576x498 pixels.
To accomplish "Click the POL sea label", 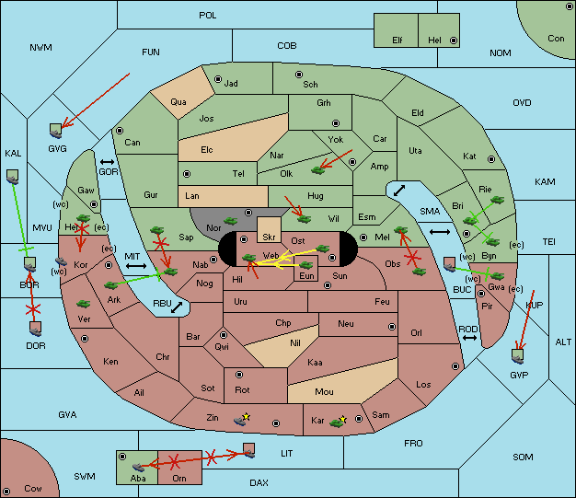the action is click(x=208, y=16).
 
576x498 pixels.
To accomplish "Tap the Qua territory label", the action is click(x=179, y=102).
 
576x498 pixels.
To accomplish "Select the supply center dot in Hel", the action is click(x=454, y=41).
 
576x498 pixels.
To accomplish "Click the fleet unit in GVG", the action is click(x=56, y=131).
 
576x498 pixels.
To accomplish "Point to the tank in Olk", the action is click(x=317, y=170).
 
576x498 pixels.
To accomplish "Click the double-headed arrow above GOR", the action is click(x=107, y=162).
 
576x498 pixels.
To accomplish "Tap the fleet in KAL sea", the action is click(x=13, y=177).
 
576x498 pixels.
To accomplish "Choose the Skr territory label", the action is click(x=269, y=237).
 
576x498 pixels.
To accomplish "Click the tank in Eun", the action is click(x=306, y=264).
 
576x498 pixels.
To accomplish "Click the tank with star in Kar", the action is click(x=338, y=423).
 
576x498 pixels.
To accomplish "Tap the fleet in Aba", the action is click(x=138, y=467).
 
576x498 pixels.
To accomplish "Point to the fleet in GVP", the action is click(x=518, y=356).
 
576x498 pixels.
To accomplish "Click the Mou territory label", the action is click(x=324, y=392).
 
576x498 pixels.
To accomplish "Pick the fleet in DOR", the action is click(x=35, y=329).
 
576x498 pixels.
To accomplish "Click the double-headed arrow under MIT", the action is click(x=136, y=266).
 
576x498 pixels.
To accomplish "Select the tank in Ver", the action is click(x=84, y=304).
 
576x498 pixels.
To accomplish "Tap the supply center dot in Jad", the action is click(x=218, y=79).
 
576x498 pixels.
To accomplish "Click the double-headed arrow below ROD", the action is click(x=469, y=338).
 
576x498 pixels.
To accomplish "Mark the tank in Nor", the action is click(x=231, y=221).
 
